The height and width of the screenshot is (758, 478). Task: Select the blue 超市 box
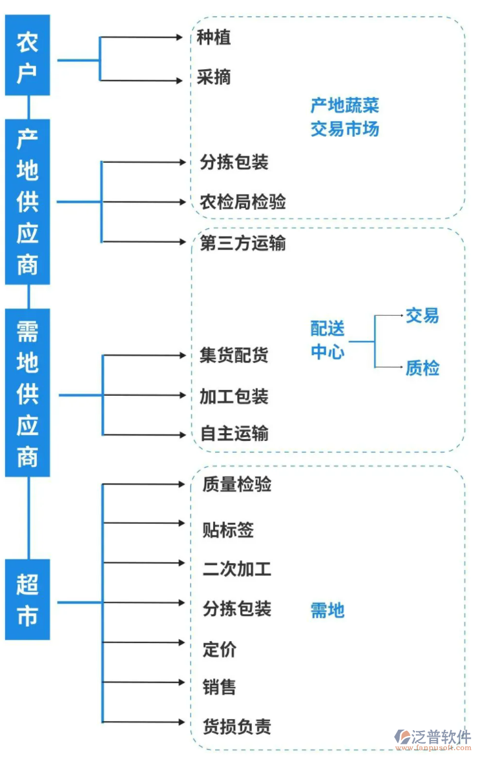pyautogui.click(x=27, y=600)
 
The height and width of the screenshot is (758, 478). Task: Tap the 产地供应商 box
pyautogui.click(x=27, y=201)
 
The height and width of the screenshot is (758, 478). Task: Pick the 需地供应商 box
pyautogui.click(x=27, y=393)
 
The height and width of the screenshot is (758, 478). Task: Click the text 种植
pyautogui.click(x=214, y=37)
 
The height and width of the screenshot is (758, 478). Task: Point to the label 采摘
pyautogui.click(x=214, y=78)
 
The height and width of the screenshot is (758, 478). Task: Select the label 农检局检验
pyautogui.click(x=243, y=202)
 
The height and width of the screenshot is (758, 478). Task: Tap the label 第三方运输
pyautogui.click(x=243, y=243)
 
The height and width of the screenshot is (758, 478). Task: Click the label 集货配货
pyautogui.click(x=234, y=355)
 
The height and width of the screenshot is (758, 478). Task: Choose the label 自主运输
pyautogui.click(x=234, y=434)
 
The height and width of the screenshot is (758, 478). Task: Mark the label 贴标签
pyautogui.click(x=228, y=530)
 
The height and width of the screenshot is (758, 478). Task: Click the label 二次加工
pyautogui.click(x=236, y=569)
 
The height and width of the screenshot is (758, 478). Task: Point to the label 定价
pyautogui.click(x=220, y=649)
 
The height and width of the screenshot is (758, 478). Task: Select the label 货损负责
pyautogui.click(x=236, y=727)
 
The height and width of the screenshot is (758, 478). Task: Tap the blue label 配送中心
pyautogui.click(x=327, y=340)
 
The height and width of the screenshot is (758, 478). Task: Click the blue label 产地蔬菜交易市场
pyautogui.click(x=344, y=117)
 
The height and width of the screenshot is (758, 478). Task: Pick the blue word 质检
pyautogui.click(x=422, y=368)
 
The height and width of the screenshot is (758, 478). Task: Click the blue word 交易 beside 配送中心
pyautogui.click(x=422, y=316)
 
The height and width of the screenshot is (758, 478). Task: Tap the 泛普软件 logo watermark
pyautogui.click(x=433, y=739)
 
